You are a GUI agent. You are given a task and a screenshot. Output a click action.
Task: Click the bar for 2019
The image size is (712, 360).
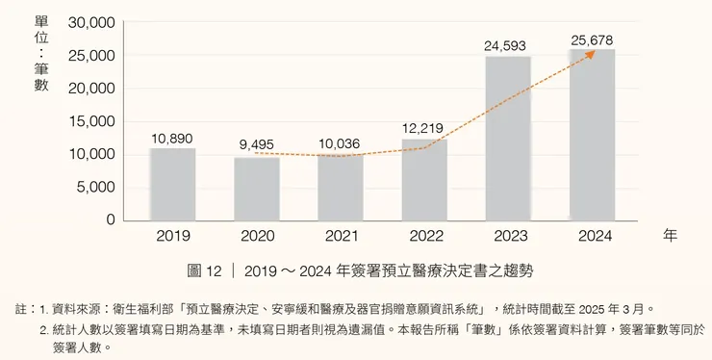tap(173, 184)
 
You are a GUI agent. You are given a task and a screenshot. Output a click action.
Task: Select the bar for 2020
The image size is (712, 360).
tap(257, 189)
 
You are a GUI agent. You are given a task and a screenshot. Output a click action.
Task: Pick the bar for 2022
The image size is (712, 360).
tap(424, 180)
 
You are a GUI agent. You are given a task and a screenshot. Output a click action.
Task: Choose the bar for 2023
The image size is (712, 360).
tap(508, 139)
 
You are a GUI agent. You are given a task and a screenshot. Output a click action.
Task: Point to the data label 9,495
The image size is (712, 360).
tap(257, 145)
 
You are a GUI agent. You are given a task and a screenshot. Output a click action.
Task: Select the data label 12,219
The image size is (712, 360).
tap(424, 129)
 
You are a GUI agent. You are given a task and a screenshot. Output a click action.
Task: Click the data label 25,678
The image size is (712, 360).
tap(592, 38)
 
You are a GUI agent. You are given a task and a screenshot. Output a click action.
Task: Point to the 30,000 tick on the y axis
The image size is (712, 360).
tap(92, 22)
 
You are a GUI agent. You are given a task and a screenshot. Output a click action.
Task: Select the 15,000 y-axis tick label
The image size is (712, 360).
tap(92, 121)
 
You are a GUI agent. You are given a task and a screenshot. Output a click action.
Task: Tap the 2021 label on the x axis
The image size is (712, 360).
tap(341, 236)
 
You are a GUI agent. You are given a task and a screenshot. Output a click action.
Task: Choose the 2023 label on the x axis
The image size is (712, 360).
tap(508, 236)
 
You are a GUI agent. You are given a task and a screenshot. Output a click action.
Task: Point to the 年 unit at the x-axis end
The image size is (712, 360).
tap(671, 235)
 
